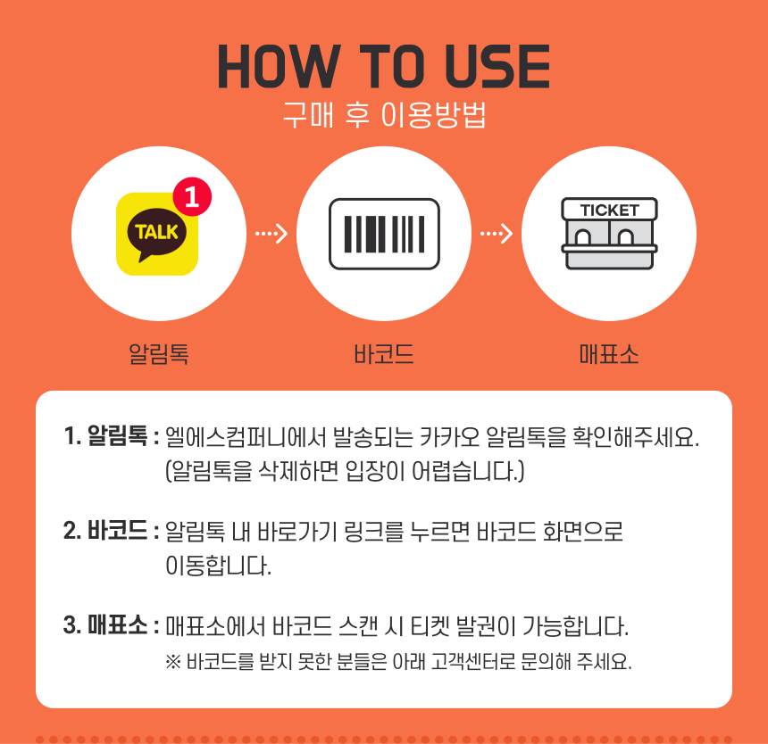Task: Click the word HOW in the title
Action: point(279,67)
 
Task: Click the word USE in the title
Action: point(497,67)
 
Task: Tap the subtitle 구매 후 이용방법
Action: point(385,115)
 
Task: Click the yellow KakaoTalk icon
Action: point(157,234)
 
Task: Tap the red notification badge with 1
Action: point(192,196)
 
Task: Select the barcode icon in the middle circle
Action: point(385,234)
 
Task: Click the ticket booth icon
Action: point(609,234)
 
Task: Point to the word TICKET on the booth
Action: point(609,211)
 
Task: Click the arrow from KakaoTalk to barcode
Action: point(271,234)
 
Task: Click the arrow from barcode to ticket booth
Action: point(497,234)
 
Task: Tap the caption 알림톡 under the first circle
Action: point(159,353)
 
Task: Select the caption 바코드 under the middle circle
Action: point(384,353)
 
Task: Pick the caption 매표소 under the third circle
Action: point(609,353)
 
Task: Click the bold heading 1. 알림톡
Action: point(105,435)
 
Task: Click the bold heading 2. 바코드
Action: point(105,530)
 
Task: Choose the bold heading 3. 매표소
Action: point(105,625)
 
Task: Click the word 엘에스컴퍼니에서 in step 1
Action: point(246,437)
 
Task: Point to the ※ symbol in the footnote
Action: point(173,662)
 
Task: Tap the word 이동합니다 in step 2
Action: point(219,566)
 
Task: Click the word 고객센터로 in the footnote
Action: point(473,662)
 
